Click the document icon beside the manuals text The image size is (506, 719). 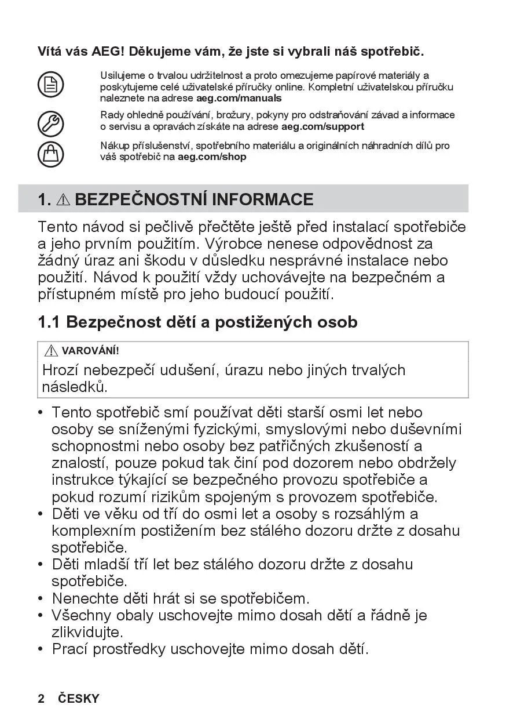(x=51, y=85)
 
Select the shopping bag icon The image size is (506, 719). (x=51, y=154)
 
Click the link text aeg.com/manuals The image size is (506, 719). (x=239, y=99)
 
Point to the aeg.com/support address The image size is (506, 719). (x=322, y=126)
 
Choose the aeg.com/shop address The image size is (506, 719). (x=212, y=157)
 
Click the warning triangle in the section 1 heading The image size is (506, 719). (x=64, y=200)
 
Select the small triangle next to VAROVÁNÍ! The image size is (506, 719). (x=51, y=350)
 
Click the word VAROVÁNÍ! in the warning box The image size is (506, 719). (x=90, y=351)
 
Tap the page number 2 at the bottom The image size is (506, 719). (x=41, y=698)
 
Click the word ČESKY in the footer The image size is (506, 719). (x=79, y=698)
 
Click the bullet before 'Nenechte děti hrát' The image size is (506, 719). (x=41, y=598)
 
